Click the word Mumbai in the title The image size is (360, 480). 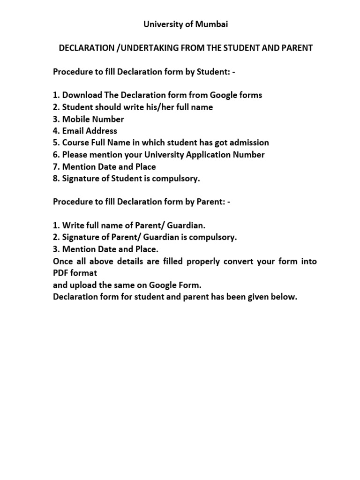[213, 25]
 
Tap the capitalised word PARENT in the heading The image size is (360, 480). [296, 48]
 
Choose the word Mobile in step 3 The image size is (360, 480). [75, 119]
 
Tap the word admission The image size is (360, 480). [247, 143]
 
